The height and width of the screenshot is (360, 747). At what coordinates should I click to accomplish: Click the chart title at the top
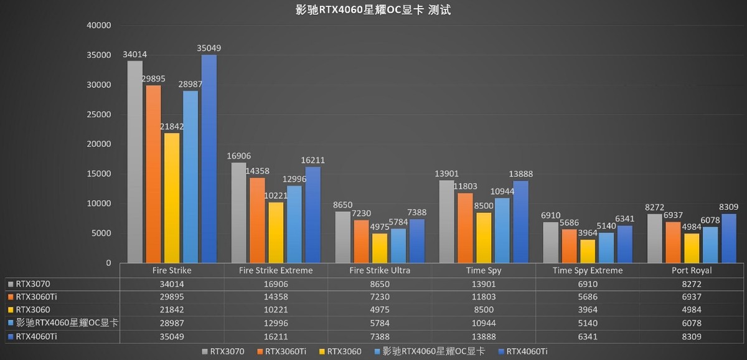[x=373, y=10]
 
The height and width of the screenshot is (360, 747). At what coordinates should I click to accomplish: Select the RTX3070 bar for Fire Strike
[x=135, y=162]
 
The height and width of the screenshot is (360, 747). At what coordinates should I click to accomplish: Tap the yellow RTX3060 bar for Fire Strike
[x=172, y=198]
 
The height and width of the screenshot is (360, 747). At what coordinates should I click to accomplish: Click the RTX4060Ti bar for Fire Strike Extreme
[x=313, y=215]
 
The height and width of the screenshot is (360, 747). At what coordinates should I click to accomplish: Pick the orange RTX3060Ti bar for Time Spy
[x=465, y=228]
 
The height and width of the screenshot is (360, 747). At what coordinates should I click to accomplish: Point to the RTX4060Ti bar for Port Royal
[x=729, y=239]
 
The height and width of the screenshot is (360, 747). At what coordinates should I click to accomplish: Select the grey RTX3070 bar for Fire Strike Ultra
[x=343, y=237]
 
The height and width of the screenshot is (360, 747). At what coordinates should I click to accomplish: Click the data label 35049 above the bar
[x=209, y=48]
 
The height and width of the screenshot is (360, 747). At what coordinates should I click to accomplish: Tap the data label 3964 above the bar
[x=588, y=233]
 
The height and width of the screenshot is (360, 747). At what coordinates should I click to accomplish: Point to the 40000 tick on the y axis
[x=98, y=26]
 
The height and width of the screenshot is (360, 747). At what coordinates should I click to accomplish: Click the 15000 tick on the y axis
[x=98, y=174]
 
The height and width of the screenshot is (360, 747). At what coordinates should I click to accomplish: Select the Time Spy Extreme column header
[x=588, y=271]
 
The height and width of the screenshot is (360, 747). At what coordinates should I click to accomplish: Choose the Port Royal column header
[x=692, y=271]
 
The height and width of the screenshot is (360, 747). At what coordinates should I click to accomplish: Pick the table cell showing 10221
[x=276, y=310]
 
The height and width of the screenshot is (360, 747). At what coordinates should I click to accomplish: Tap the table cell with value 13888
[x=484, y=336]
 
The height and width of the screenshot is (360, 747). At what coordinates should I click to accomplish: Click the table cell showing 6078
[x=692, y=323]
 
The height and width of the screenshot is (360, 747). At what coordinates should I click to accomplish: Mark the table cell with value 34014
[x=172, y=284]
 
